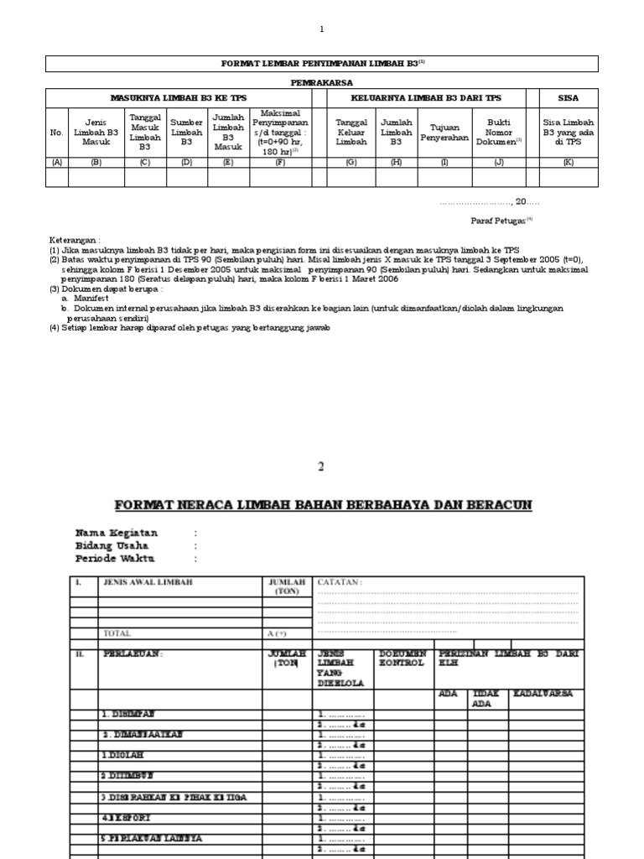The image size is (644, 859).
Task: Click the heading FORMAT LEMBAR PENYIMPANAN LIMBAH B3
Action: click(x=319, y=64)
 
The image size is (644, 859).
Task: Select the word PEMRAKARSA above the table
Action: click(x=322, y=82)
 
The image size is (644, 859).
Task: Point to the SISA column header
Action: click(x=568, y=97)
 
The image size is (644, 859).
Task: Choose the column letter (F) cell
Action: click(x=280, y=162)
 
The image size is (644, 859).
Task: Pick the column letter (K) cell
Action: click(x=568, y=162)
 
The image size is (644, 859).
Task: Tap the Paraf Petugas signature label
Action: click(x=496, y=220)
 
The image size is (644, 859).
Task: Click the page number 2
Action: click(x=320, y=466)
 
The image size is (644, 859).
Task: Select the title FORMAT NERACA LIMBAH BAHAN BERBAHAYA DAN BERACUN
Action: click(x=323, y=504)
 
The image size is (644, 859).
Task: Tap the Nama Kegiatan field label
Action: click(x=117, y=533)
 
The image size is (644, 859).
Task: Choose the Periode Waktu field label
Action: click(x=115, y=559)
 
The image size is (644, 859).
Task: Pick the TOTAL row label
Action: click(x=117, y=633)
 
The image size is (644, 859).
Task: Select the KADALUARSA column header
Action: click(x=545, y=694)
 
